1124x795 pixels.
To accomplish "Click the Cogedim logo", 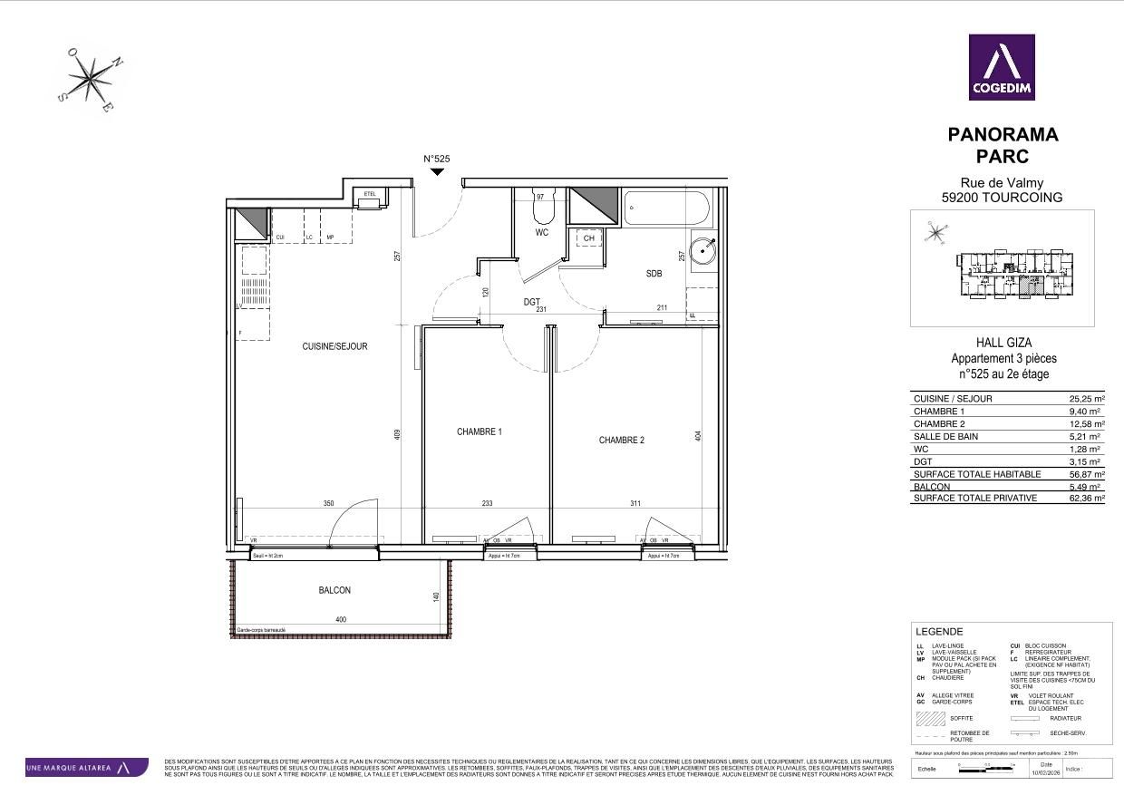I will point(1002,67).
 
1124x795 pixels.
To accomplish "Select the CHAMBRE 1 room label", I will point(479,432).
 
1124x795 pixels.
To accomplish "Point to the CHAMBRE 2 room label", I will point(621,441).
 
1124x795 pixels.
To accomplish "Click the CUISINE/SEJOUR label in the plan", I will point(334,346).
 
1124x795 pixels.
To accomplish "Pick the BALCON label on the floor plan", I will point(334,590).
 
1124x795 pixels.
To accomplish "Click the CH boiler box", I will point(589,238).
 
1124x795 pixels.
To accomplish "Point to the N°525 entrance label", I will point(437,159).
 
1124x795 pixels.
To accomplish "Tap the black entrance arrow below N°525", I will point(437,170).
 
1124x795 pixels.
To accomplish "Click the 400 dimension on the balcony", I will point(341,620).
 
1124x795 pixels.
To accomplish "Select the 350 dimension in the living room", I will point(328,504).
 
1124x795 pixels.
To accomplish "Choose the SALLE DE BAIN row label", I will point(948,437).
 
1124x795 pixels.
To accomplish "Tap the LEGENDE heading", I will point(939,632).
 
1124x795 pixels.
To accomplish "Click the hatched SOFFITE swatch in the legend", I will point(930,718).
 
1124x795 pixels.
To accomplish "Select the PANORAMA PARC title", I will point(1003,145).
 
